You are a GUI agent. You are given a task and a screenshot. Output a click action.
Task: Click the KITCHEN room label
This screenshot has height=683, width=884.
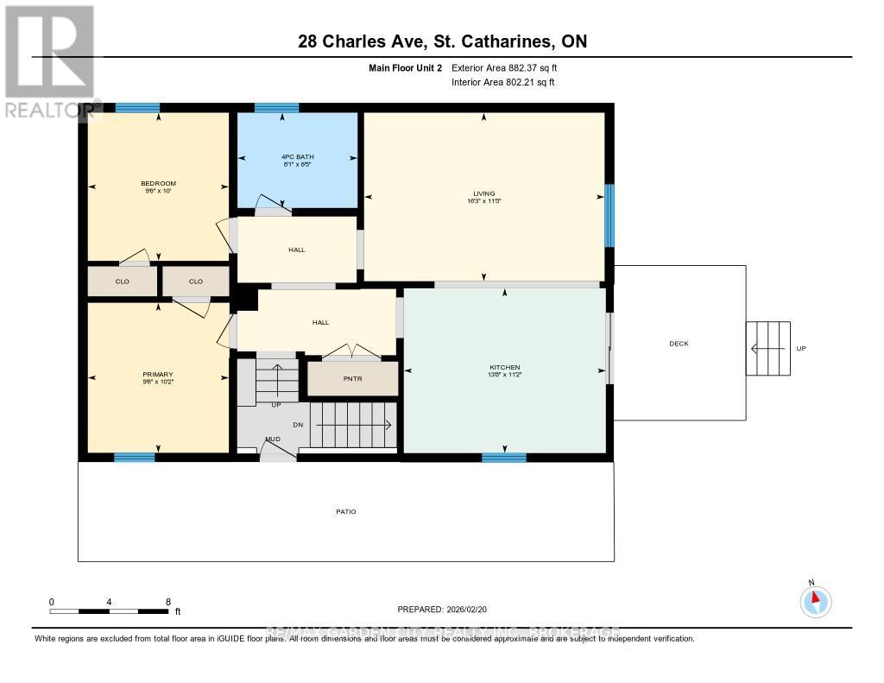pos(505,368)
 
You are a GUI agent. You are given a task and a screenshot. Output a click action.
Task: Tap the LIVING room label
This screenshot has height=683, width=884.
pos(483,194)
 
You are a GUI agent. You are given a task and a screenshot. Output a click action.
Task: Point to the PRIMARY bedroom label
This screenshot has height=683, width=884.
pos(158,375)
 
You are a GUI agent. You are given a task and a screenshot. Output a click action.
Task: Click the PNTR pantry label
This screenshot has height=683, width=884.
pos(352,379)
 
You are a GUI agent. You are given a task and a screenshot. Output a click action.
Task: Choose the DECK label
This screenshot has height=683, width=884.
pos(679,344)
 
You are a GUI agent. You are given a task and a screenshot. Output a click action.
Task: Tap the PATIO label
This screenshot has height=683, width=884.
pos(345,512)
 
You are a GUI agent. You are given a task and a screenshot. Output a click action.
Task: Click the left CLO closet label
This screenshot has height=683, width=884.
pos(122,281)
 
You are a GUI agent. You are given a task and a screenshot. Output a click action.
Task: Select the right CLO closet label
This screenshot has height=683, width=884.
pos(196,281)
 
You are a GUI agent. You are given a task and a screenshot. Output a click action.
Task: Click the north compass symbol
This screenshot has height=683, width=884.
pos(814,600)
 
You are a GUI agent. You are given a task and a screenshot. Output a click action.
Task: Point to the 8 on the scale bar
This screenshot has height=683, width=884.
pos(167,602)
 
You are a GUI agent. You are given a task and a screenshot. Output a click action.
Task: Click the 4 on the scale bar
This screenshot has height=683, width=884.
pos(110,602)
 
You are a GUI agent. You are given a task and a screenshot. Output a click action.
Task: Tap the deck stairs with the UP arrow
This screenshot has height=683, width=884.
pos(767,348)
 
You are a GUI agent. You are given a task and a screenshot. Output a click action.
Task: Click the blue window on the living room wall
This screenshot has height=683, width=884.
pos(609,215)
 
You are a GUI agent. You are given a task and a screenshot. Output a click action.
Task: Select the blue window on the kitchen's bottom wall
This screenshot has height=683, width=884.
pos(503,457)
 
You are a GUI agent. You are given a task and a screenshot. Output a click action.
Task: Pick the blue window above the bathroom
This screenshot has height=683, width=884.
pos(276,108)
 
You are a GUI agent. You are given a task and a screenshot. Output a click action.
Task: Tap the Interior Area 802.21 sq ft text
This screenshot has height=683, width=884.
pos(502,83)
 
